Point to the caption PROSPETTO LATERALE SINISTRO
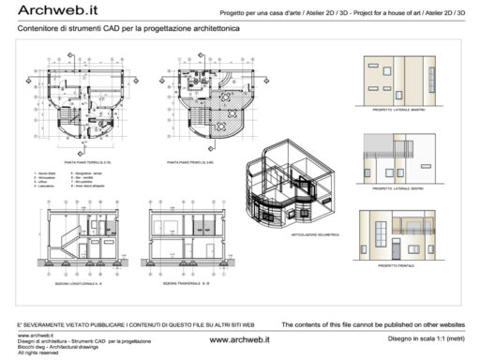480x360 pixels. coord(400,110)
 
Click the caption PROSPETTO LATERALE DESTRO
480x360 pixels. coord(400,189)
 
